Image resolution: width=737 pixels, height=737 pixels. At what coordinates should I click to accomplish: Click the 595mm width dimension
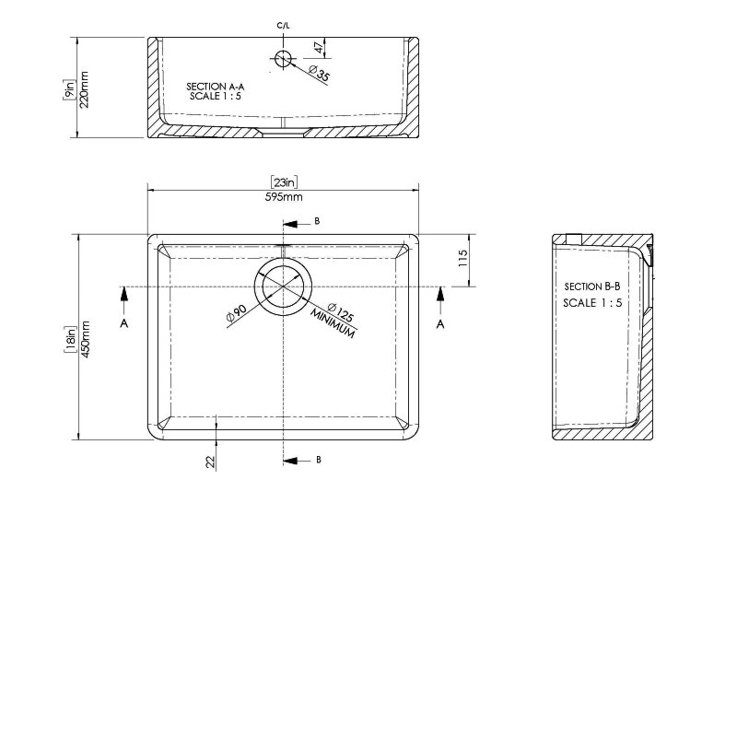(285, 196)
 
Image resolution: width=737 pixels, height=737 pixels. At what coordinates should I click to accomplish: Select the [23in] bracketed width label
(285, 182)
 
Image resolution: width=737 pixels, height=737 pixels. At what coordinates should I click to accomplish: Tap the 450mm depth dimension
(86, 339)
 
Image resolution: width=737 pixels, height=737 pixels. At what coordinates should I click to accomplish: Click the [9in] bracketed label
(68, 89)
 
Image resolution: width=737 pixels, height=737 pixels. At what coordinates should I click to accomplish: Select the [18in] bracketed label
(70, 339)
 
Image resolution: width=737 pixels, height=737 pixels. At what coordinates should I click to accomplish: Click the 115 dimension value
(464, 260)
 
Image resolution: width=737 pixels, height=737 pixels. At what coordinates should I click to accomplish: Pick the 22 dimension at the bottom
(210, 461)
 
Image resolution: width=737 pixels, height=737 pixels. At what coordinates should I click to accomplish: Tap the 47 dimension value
(318, 46)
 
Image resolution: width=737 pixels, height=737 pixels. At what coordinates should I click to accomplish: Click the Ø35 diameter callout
(320, 73)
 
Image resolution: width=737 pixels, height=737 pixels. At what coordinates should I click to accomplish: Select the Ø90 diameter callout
(234, 314)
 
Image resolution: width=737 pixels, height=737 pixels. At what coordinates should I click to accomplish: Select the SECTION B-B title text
(594, 287)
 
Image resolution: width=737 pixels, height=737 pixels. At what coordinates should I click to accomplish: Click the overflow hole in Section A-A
(284, 59)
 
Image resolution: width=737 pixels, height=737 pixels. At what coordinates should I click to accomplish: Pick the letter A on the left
(123, 324)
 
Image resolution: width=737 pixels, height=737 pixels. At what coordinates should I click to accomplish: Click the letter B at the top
(317, 222)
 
